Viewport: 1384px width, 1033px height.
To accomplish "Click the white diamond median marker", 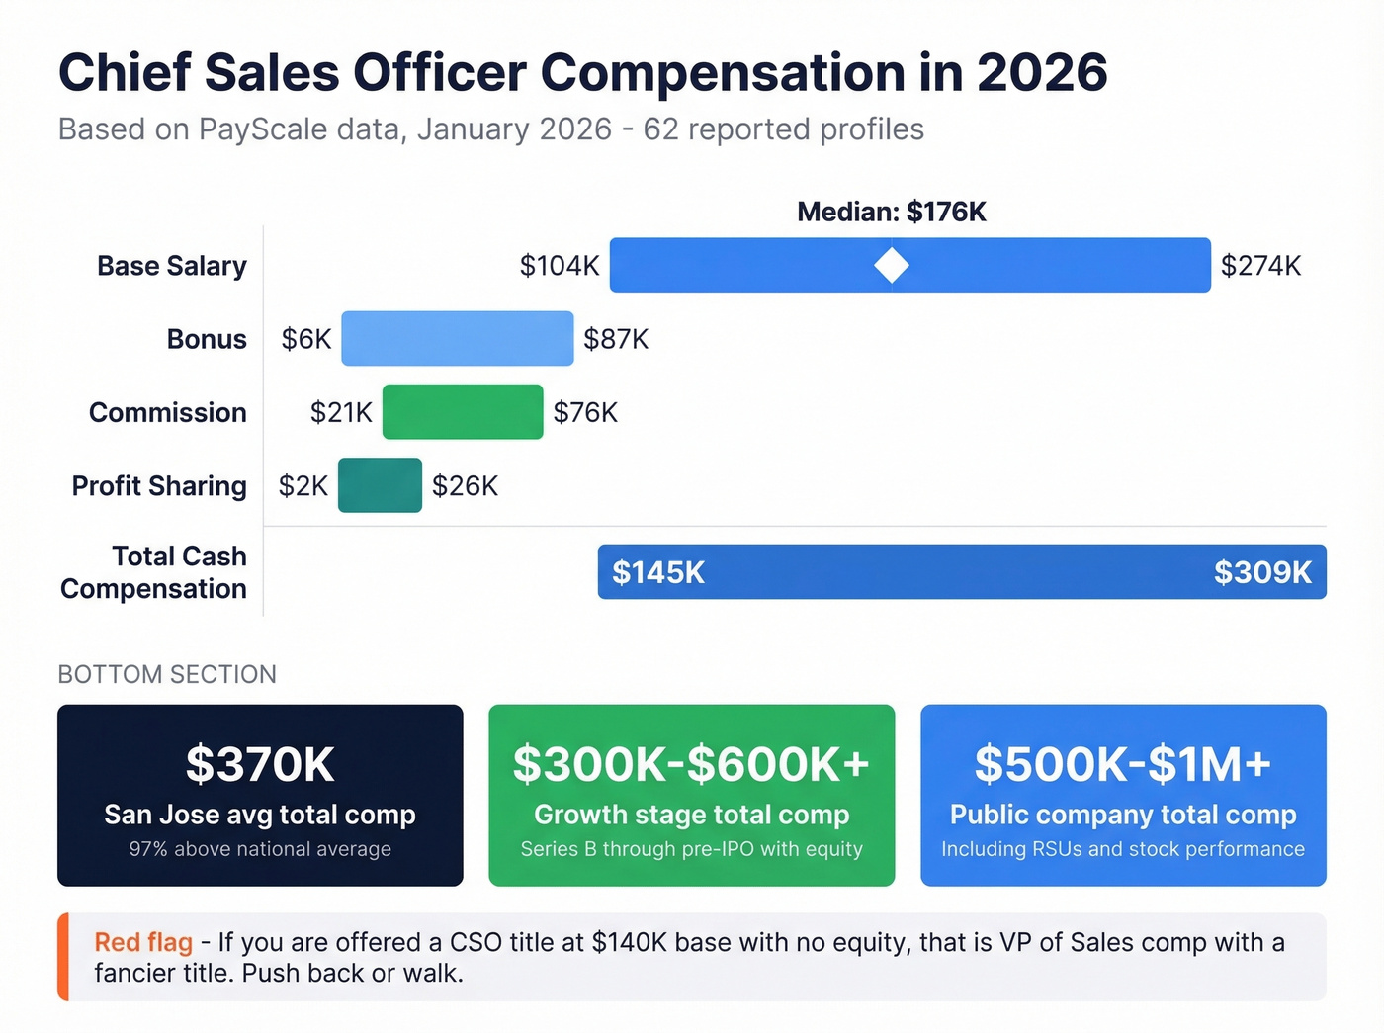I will (x=892, y=265).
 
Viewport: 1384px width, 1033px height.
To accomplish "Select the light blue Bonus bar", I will (x=457, y=339).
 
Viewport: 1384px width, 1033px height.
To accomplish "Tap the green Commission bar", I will (x=463, y=412).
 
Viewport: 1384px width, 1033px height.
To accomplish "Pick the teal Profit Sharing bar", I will (x=380, y=485).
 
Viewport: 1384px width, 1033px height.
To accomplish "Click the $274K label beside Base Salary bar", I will (x=1260, y=266).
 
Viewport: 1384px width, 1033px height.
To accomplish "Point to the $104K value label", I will (x=560, y=266).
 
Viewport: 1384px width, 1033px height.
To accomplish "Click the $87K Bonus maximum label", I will (x=616, y=339).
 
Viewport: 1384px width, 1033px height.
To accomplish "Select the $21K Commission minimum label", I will (x=341, y=412).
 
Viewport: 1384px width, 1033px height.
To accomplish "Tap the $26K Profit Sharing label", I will (x=465, y=486).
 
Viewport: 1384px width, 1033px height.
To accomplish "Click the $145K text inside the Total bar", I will (x=658, y=572).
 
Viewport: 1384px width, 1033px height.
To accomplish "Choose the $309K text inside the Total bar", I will (x=1262, y=572).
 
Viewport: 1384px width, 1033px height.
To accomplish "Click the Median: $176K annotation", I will (x=892, y=212).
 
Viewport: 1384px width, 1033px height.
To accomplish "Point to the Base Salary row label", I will (x=172, y=266).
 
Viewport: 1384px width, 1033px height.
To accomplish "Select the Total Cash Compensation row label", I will (x=154, y=572).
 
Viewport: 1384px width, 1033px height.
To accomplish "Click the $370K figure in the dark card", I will (x=260, y=764).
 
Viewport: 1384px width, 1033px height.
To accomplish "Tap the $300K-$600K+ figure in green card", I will (x=691, y=764).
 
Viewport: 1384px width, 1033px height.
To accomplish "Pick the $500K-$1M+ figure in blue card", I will (x=1123, y=764).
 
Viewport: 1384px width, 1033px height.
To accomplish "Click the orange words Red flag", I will (x=143, y=942).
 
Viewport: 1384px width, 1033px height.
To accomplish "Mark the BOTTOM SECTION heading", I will (x=167, y=674).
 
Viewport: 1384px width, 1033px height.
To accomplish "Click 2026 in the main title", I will (x=1042, y=73).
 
